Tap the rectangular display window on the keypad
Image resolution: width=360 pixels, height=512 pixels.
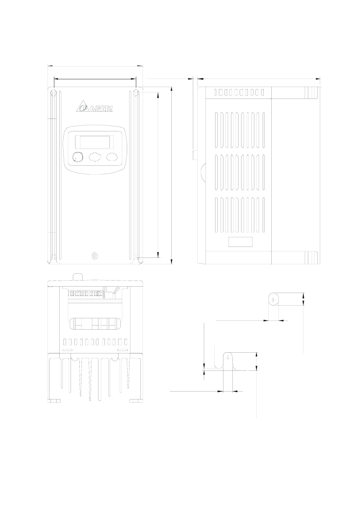[x=94, y=142]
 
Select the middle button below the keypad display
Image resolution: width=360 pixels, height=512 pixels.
[x=94, y=157]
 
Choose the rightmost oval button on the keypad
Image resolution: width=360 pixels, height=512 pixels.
[x=112, y=157]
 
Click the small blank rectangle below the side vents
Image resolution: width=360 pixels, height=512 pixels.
[x=240, y=242]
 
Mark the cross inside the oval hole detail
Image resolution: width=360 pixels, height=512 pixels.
[x=274, y=299]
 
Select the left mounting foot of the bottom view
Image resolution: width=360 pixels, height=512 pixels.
[x=54, y=401]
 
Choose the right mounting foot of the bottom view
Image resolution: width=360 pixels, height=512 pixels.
[x=136, y=401]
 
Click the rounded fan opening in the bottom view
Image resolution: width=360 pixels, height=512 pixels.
[x=94, y=324]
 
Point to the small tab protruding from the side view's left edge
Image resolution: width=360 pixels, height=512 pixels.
[x=195, y=155]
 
